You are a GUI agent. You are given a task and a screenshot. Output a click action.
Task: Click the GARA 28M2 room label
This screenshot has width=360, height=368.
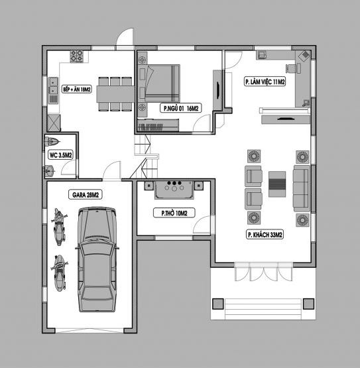tap(86, 195)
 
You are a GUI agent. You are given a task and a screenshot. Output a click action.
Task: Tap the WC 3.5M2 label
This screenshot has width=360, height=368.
tap(60, 155)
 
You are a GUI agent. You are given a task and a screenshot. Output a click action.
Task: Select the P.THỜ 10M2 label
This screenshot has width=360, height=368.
tap(174, 213)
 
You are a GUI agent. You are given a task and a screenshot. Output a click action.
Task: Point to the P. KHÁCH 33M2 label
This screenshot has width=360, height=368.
tap(265, 235)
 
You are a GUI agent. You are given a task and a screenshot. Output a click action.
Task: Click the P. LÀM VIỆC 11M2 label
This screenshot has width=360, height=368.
tap(265, 82)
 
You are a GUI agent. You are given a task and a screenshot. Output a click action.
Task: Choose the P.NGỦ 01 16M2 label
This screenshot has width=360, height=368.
tap(181, 108)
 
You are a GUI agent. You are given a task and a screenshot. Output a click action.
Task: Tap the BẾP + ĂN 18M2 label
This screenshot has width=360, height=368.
tap(77, 90)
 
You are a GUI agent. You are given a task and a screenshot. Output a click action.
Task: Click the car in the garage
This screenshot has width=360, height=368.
tap(97, 259)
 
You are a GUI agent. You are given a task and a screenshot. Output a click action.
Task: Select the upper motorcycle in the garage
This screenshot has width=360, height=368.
tap(59, 227)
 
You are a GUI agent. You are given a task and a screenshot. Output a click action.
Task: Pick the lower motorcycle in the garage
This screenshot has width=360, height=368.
tap(59, 273)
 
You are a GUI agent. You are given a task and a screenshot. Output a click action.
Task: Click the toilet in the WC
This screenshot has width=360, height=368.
tap(52, 141)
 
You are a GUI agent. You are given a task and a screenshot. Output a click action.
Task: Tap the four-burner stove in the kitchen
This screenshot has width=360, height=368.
tap(76, 56)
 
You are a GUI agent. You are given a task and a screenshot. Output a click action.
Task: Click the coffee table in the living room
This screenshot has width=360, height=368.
tap(277, 184)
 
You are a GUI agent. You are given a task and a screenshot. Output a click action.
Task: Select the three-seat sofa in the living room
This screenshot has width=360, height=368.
tap(302, 188)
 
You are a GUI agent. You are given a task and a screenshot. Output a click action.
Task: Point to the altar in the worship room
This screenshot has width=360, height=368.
tap(174, 190)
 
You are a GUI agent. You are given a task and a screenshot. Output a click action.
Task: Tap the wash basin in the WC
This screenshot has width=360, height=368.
tap(50, 171)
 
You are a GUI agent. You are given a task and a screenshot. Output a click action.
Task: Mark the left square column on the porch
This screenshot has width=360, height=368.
tap(217, 304)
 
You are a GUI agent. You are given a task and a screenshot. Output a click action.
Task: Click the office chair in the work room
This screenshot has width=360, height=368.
tap(291, 68)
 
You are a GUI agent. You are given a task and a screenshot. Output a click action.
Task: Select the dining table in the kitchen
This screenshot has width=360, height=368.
tap(115, 94)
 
